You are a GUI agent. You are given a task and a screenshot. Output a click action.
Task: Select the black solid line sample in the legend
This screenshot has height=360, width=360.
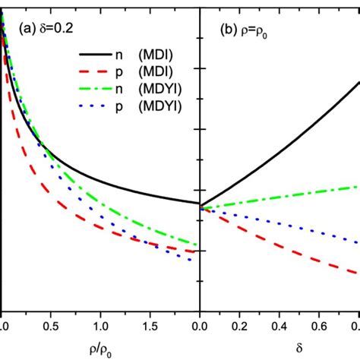pyautogui.click(x=101, y=55)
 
